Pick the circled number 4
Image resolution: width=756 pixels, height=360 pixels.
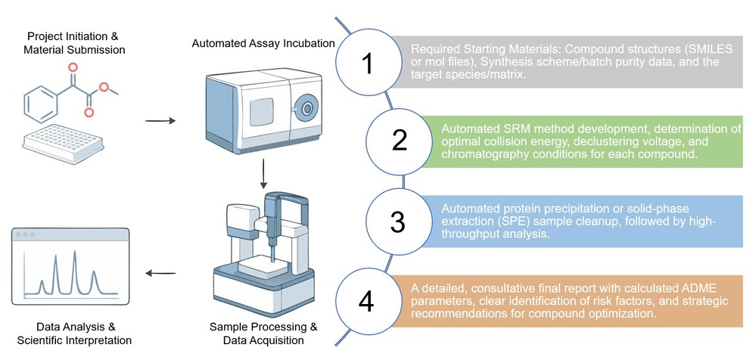366,301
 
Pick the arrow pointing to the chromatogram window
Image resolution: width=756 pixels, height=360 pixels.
160,274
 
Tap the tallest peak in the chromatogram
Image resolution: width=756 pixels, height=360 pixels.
74,261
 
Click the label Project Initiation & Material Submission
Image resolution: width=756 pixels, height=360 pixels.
76,43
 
